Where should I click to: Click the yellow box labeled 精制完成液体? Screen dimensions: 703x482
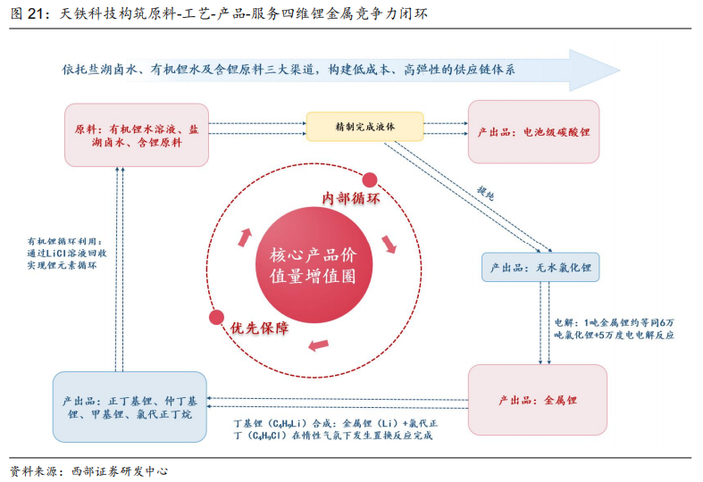click(x=364, y=127)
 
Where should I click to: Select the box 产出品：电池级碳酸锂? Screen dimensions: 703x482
click(x=533, y=132)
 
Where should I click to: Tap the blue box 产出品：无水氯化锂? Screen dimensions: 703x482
click(x=540, y=268)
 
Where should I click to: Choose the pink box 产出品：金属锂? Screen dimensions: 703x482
click(x=538, y=400)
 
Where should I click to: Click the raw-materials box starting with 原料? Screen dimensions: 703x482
click(x=137, y=136)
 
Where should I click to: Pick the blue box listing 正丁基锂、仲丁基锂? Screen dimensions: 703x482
click(x=130, y=407)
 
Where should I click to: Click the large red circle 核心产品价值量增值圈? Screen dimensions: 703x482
click(x=314, y=265)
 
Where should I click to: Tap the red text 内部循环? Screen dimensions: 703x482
click(x=350, y=198)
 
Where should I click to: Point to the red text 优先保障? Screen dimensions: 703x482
click(x=259, y=328)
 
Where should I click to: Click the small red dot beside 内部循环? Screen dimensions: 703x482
click(x=370, y=180)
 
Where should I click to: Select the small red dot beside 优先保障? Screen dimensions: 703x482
click(x=216, y=317)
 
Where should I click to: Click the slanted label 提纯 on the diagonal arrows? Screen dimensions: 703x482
click(x=486, y=193)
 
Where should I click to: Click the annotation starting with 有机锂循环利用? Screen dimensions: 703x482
click(x=67, y=253)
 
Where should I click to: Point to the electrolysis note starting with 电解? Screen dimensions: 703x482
click(x=614, y=328)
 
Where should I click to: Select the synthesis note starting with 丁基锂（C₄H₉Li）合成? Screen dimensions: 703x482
click(x=335, y=429)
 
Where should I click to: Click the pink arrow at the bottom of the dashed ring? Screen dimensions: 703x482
click(x=319, y=345)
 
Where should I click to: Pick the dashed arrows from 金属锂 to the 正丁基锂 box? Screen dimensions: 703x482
click(x=337, y=403)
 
